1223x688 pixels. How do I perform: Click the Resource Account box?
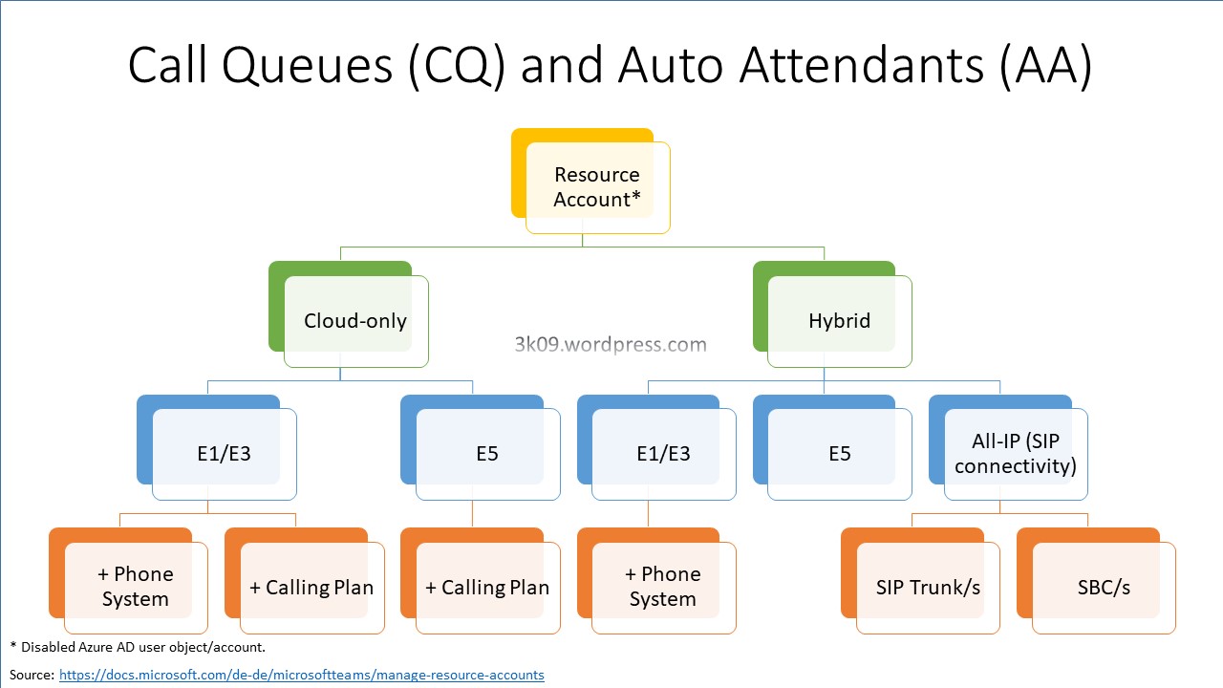[x=596, y=186]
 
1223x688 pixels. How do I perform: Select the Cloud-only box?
[x=355, y=320]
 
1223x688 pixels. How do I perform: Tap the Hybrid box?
[x=839, y=320]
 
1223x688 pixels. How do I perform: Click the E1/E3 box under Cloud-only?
[x=224, y=453]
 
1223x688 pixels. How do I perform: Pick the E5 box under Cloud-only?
[x=487, y=453]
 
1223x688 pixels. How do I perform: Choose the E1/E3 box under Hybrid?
[x=663, y=453]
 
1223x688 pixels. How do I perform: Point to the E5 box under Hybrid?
[x=839, y=453]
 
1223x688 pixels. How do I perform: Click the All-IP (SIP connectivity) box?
[x=1015, y=453]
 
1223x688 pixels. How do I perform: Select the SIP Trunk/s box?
[x=928, y=587]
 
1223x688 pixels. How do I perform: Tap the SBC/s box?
[x=1104, y=587]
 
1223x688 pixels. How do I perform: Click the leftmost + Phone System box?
[x=136, y=587]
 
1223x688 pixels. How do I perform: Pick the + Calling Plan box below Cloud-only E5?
[x=487, y=587]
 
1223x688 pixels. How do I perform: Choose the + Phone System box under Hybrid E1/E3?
[x=663, y=587]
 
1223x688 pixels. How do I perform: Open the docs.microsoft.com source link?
[x=301, y=675]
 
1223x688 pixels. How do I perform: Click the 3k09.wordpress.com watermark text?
[x=611, y=345]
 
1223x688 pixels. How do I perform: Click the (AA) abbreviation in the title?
[x=1047, y=65]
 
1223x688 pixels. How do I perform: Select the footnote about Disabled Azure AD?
[x=138, y=647]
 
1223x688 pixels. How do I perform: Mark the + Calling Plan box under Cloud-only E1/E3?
[x=311, y=587]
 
